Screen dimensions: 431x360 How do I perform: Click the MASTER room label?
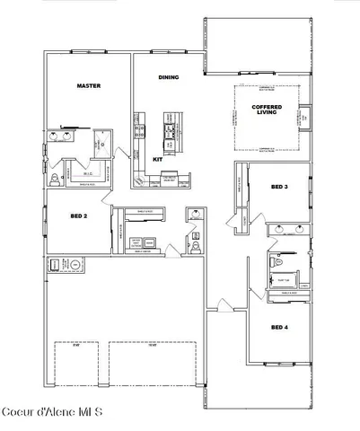88,86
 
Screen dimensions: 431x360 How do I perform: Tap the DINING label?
168,77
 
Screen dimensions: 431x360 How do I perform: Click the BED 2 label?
78,216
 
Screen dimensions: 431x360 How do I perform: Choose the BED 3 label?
279,187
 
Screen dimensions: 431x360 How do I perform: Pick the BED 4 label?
278,328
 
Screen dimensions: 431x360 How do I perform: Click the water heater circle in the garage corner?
75,265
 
